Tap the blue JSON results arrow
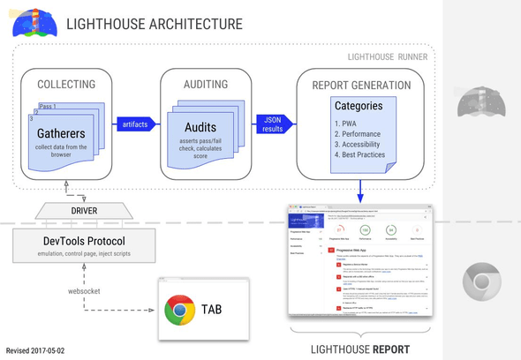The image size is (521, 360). [274, 124]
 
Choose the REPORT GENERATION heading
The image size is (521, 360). [361, 85]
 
